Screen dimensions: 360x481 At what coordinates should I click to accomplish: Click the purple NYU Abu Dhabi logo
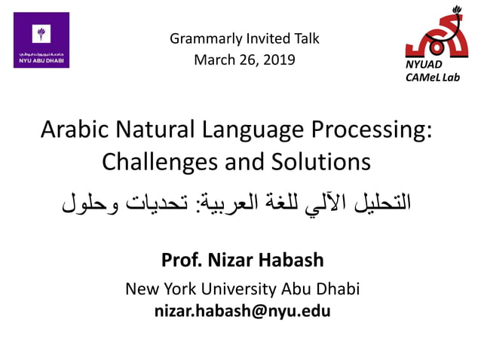pyautogui.click(x=41, y=40)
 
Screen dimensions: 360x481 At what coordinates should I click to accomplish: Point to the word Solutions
pyautogui.click(x=322, y=160)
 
